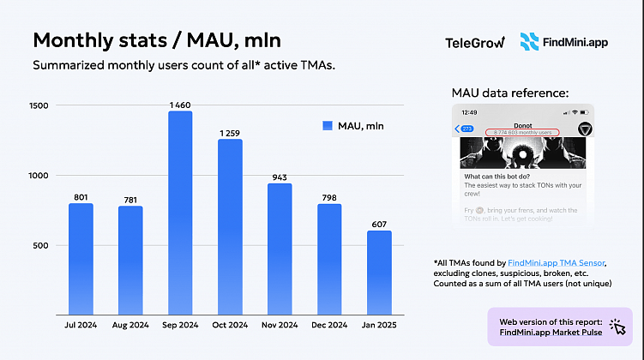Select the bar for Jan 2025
click(x=379, y=272)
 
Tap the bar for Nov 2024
click(x=280, y=249)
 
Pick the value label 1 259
click(x=230, y=133)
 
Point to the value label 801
click(x=81, y=197)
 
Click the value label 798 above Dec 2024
click(x=329, y=198)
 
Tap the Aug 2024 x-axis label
click(x=130, y=326)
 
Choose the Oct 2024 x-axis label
click(x=230, y=326)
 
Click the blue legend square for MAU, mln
click(x=327, y=126)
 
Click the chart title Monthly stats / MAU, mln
click(x=156, y=40)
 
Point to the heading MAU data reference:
click(x=509, y=93)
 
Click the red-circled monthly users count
click(x=521, y=132)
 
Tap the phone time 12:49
click(x=469, y=112)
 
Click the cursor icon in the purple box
click(x=617, y=326)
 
